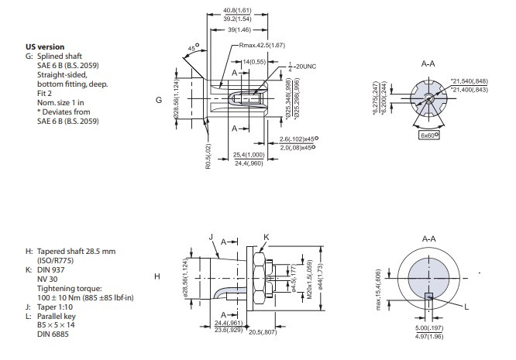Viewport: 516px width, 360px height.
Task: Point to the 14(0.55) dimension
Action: coord(254,61)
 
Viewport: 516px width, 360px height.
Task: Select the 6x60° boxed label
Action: coord(427,134)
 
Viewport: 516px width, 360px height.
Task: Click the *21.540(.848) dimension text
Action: coord(474,81)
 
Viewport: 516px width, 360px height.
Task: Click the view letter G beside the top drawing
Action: coord(159,100)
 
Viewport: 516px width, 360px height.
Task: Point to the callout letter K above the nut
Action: coord(266,235)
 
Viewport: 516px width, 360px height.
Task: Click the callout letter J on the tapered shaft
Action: coord(210,237)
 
